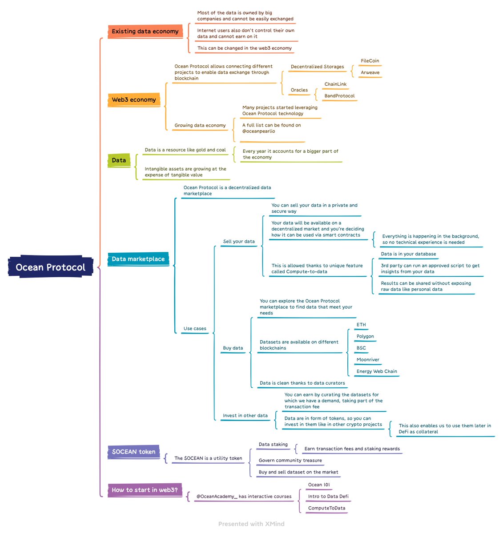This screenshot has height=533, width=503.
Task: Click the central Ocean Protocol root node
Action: (x=51, y=267)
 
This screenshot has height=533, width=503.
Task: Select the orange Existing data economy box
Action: (x=145, y=32)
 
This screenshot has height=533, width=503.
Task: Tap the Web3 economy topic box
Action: (x=133, y=100)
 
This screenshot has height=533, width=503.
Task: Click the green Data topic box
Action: (x=119, y=160)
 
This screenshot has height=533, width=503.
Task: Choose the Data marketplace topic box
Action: (x=138, y=259)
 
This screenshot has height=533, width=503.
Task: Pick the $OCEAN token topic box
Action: (x=133, y=452)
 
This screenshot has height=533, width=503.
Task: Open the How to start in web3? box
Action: (x=145, y=490)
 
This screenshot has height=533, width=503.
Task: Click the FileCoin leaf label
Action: (x=370, y=61)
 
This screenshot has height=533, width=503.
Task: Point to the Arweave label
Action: (x=370, y=72)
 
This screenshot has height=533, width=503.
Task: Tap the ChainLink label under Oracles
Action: (x=335, y=84)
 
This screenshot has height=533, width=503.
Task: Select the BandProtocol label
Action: (x=339, y=96)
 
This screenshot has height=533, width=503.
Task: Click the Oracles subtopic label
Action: (x=299, y=90)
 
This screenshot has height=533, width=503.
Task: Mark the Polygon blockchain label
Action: (x=365, y=336)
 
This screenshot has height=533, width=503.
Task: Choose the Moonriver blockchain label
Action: (x=368, y=360)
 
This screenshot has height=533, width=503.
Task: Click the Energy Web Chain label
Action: (x=377, y=371)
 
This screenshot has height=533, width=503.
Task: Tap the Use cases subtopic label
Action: (x=195, y=329)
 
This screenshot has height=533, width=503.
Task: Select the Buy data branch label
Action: (x=233, y=348)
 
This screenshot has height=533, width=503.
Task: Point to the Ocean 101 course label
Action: (x=319, y=485)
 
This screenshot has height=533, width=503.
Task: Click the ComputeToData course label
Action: (x=326, y=508)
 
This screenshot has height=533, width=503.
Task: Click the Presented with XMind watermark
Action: (x=251, y=524)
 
